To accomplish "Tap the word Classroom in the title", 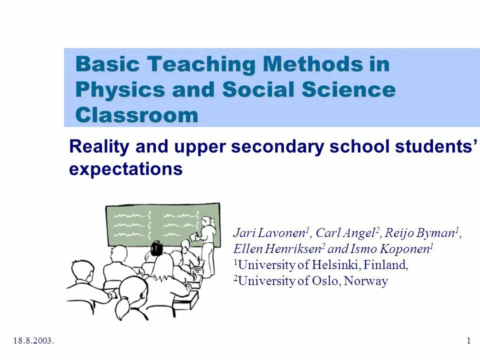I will click(136, 115).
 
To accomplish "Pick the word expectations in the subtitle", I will click(125, 169).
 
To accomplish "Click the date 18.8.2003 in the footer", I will click(33, 341).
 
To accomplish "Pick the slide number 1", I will click(468, 341).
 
